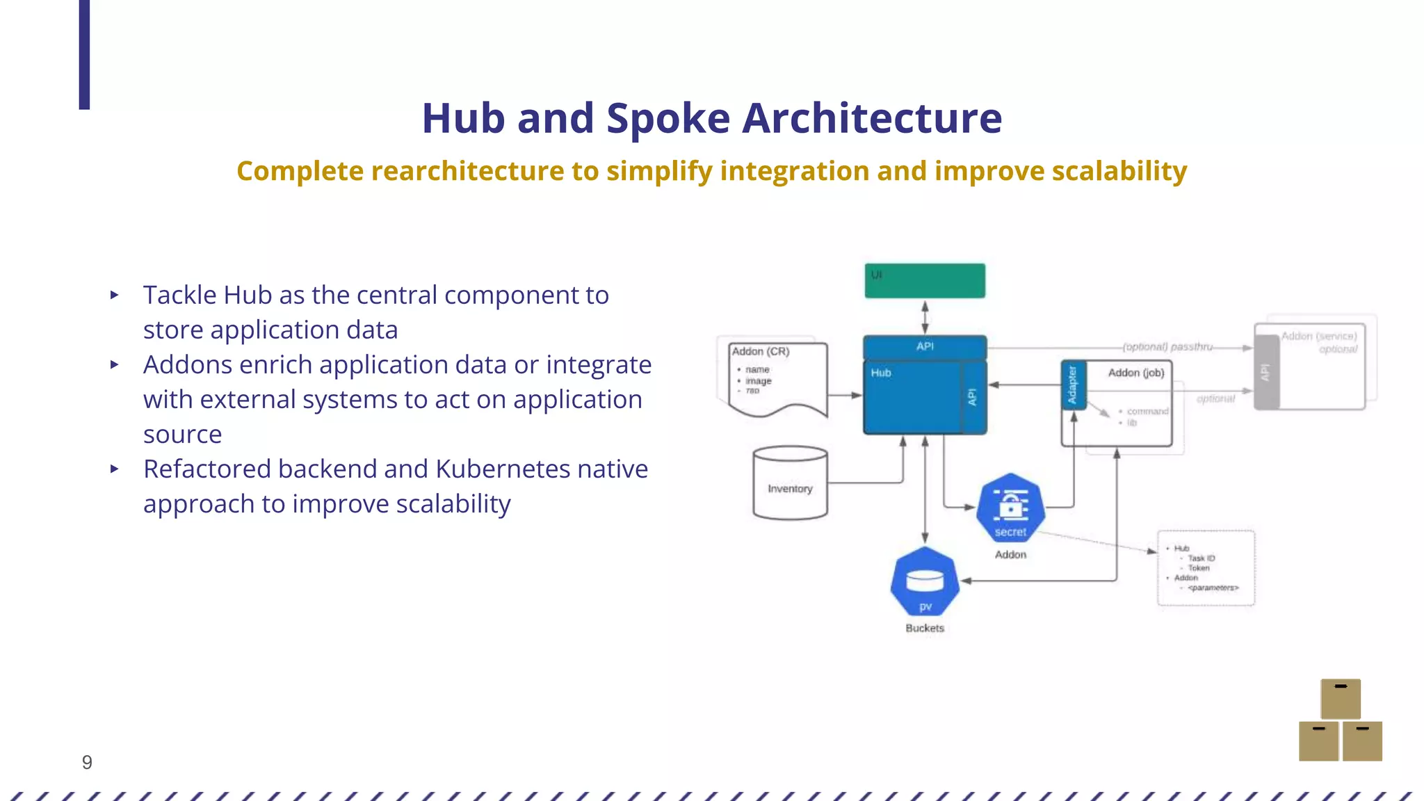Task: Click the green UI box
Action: [x=925, y=281]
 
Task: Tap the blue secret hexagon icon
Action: [x=1010, y=508]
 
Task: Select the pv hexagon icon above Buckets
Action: [x=925, y=581]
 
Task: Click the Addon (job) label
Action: [x=1136, y=373]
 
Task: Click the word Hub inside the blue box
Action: [x=881, y=373]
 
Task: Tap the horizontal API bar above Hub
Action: [x=925, y=346]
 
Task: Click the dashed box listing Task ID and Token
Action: [x=1206, y=568]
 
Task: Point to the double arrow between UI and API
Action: [x=925, y=317]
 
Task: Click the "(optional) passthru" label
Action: [x=1167, y=346]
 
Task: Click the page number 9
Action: [x=87, y=762]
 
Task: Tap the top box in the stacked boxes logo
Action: [x=1341, y=699]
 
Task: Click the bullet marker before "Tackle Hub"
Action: [x=115, y=295]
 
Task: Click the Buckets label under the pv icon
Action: [x=925, y=628]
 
